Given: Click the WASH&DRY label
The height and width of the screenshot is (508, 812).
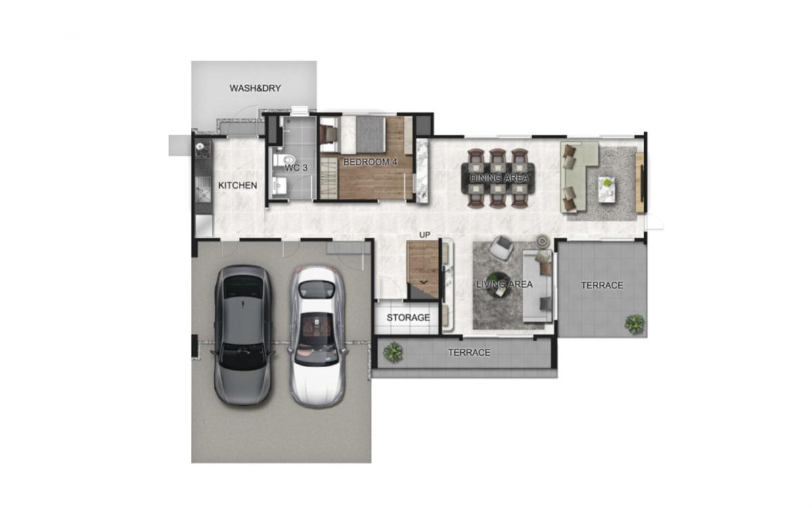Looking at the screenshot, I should pos(254,88).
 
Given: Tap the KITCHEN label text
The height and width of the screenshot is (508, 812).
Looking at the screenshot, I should pos(237,185).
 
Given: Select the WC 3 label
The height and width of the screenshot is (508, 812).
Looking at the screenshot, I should pos(296,167).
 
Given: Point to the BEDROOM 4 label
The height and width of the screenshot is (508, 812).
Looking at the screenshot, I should pos(369,162).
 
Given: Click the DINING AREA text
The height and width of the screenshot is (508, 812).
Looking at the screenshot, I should pos(500,178).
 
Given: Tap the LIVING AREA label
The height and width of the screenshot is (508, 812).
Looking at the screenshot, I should pos(504,284).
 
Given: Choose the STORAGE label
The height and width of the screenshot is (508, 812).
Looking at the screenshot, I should pos(408,318).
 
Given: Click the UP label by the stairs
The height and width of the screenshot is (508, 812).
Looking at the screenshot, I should pos(425,234).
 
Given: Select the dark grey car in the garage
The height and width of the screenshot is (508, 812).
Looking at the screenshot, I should pos(243,334).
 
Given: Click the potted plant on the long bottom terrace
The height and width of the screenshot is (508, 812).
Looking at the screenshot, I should pos(392,352).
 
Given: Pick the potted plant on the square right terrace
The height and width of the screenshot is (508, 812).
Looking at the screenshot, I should pos(634,324).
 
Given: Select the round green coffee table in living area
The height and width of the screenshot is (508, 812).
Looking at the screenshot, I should pos(499,280).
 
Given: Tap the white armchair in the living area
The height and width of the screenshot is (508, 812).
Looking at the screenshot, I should pos(501,247).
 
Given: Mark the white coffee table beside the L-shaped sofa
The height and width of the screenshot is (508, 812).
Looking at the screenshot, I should pos(607,188).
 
